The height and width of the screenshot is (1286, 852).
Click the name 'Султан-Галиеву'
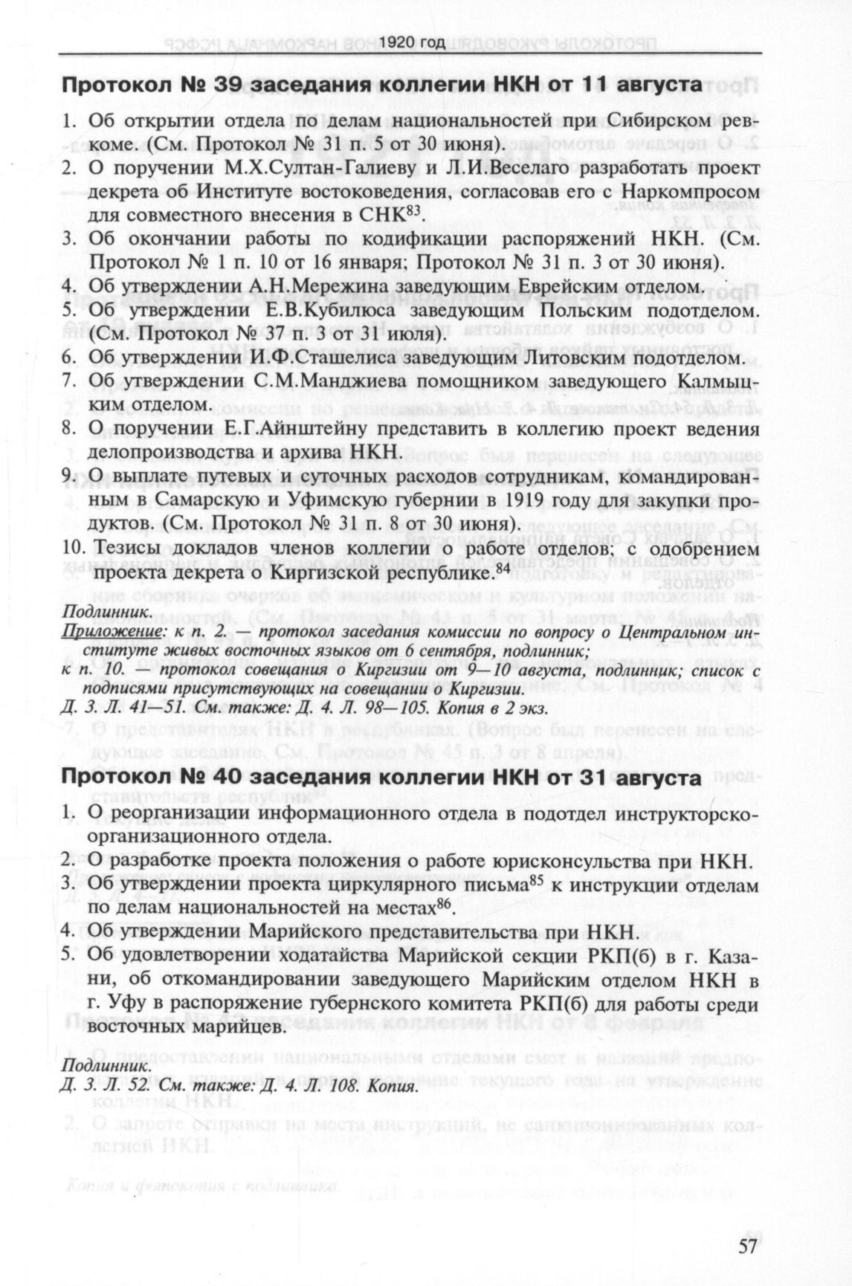pyautogui.click(x=283, y=168)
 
